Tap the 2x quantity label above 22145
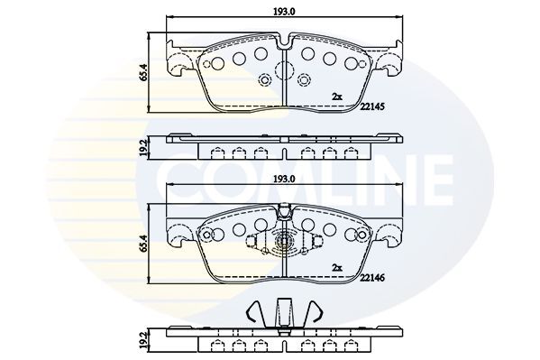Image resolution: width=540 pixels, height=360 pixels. click(x=337, y=95)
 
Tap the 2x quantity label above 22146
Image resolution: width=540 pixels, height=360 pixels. click(x=337, y=268)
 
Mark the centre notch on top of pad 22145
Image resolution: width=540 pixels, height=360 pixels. click(x=285, y=42)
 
